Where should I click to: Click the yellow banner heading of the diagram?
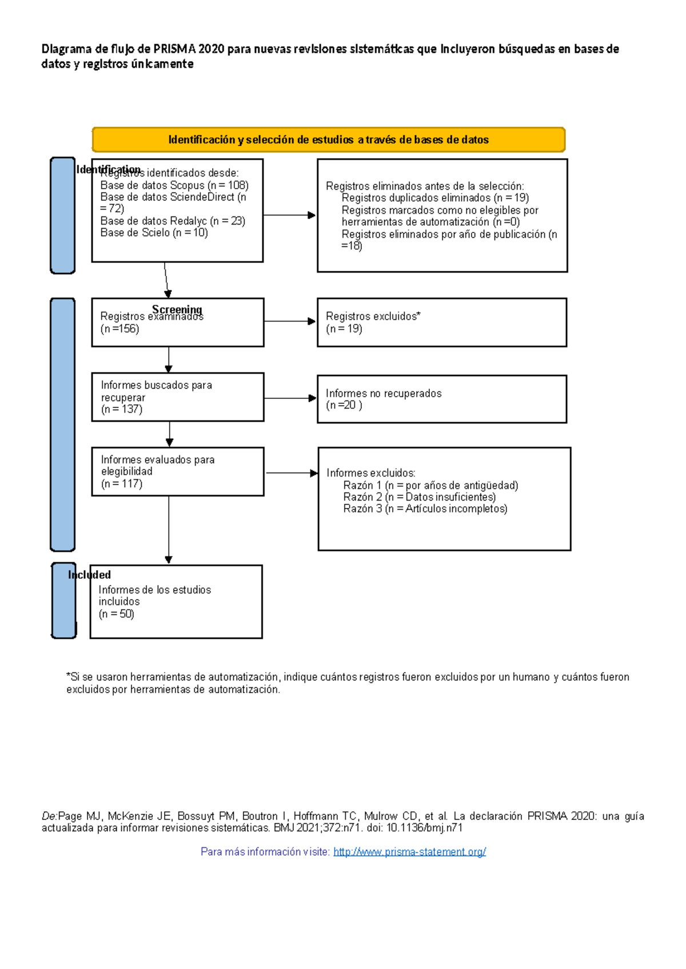(328, 140)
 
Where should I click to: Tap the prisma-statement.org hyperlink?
(409, 852)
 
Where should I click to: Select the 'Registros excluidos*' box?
(441, 322)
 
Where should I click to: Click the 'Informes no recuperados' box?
(441, 399)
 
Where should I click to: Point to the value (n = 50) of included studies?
(116, 614)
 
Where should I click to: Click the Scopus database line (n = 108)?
(174, 185)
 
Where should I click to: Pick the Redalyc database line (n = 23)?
(173, 221)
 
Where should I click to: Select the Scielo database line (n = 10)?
(154, 233)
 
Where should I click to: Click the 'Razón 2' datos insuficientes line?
(419, 497)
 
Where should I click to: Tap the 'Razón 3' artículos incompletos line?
(425, 509)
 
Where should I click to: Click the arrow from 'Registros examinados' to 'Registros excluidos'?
(289, 322)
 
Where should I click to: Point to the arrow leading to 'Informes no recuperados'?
(289, 398)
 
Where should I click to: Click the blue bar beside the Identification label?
(62, 215)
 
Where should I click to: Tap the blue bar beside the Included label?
(63, 600)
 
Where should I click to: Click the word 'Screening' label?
(177, 310)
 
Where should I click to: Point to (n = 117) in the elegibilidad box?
(122, 484)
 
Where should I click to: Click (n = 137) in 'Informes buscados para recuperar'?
(122, 410)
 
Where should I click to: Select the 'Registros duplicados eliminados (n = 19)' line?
(435, 198)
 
